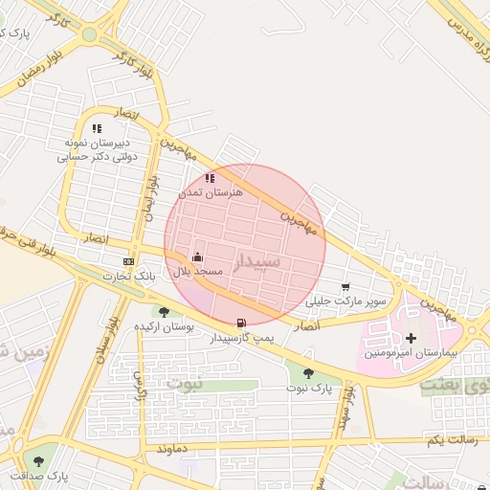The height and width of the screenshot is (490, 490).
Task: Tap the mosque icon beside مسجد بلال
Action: tap(197, 256)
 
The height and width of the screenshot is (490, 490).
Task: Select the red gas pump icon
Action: tap(240, 323)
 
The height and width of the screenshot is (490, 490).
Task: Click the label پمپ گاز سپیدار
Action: tap(243, 338)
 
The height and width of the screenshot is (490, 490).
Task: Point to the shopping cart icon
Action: tap(345, 286)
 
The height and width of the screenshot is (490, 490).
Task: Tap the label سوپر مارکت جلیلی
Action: tap(345, 301)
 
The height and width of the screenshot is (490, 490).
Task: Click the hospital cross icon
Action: tap(412, 338)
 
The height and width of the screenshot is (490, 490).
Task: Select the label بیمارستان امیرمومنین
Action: tap(412, 353)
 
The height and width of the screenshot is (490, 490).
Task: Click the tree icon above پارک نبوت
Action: tap(308, 373)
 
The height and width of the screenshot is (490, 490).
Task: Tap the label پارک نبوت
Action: tap(308, 389)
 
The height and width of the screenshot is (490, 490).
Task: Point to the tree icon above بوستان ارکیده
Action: tap(164, 311)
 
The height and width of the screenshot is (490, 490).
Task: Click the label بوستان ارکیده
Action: tap(164, 326)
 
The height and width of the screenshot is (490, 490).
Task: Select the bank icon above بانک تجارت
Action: tap(128, 261)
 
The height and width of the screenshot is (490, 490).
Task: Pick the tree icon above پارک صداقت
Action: tap(38, 461)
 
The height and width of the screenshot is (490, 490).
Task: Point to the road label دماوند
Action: tap(169, 448)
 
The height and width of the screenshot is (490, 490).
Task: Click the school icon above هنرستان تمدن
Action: tap(210, 177)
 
